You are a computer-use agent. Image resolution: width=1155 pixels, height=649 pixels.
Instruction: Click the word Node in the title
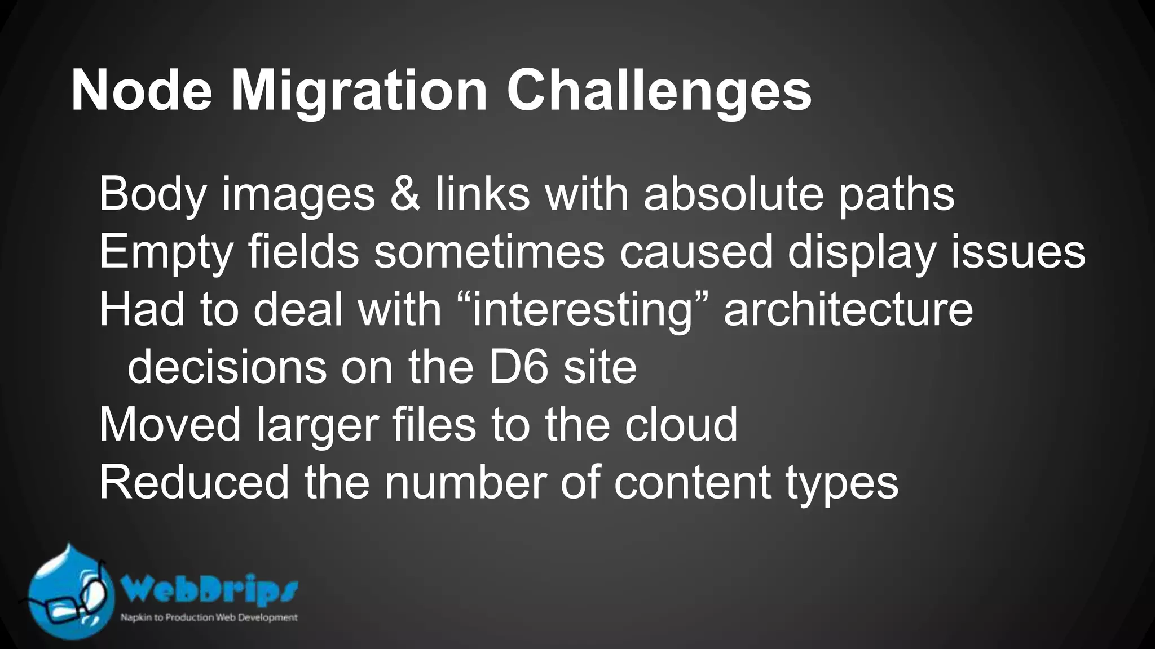click(x=142, y=91)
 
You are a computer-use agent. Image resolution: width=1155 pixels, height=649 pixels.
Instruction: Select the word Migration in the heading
click(x=359, y=91)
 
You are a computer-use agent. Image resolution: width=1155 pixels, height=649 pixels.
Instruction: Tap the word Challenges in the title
click(x=658, y=91)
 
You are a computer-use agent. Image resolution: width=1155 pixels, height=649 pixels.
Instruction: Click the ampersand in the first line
click(x=404, y=194)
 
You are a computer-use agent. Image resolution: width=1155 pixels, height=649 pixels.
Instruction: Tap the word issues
click(x=1018, y=252)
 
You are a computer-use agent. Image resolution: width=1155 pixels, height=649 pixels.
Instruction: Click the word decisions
click(x=227, y=367)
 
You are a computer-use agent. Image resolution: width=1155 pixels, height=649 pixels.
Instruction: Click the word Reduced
click(x=194, y=483)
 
